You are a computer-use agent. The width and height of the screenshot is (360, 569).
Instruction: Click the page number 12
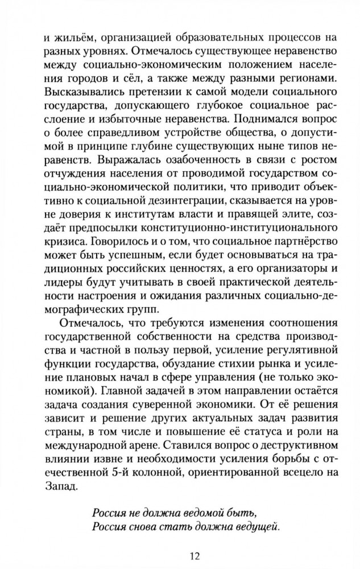(x=180, y=554)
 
